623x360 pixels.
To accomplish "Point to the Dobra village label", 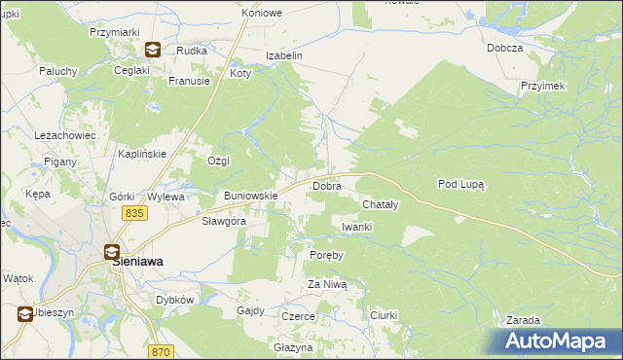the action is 325,185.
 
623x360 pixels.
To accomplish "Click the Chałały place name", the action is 381,205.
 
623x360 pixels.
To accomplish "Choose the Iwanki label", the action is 357,227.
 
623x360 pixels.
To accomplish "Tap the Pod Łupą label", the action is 461,183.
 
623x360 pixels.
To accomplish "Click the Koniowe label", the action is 262,14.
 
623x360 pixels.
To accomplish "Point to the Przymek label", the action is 543,86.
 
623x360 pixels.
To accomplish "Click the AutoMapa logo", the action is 559,342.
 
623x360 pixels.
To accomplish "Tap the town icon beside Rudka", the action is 153,50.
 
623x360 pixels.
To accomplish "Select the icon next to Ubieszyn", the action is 24,313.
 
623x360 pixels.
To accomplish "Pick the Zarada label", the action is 523,320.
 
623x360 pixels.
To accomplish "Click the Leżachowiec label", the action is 64,135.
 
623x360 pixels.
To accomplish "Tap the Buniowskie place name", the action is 251,196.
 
